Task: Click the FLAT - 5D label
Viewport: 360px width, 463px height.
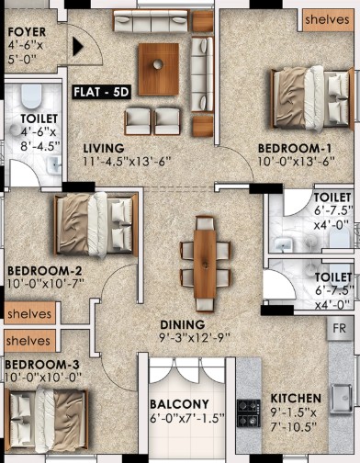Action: click(102, 92)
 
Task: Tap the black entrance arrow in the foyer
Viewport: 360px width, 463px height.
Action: click(78, 47)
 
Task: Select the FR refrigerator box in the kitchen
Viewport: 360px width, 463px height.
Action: click(339, 329)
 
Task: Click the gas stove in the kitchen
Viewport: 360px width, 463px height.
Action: click(249, 413)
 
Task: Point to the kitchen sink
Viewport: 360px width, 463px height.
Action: click(341, 399)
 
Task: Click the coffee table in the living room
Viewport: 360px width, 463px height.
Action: click(159, 70)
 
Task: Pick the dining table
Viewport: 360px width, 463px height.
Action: click(205, 264)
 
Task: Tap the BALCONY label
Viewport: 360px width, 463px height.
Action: click(179, 404)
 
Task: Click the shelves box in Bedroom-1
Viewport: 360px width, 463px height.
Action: click(327, 20)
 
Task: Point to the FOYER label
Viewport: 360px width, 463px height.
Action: click(27, 32)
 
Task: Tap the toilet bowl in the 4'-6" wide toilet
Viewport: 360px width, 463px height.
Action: click(31, 96)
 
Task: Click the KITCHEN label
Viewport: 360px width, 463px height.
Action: click(296, 399)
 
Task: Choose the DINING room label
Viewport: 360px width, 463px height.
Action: click(183, 324)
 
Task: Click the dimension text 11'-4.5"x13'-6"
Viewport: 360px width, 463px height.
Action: click(127, 162)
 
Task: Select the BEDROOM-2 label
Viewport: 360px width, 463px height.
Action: click(45, 271)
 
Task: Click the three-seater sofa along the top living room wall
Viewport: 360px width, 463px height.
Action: click(151, 21)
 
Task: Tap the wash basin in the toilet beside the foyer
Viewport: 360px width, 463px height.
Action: click(54, 165)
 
